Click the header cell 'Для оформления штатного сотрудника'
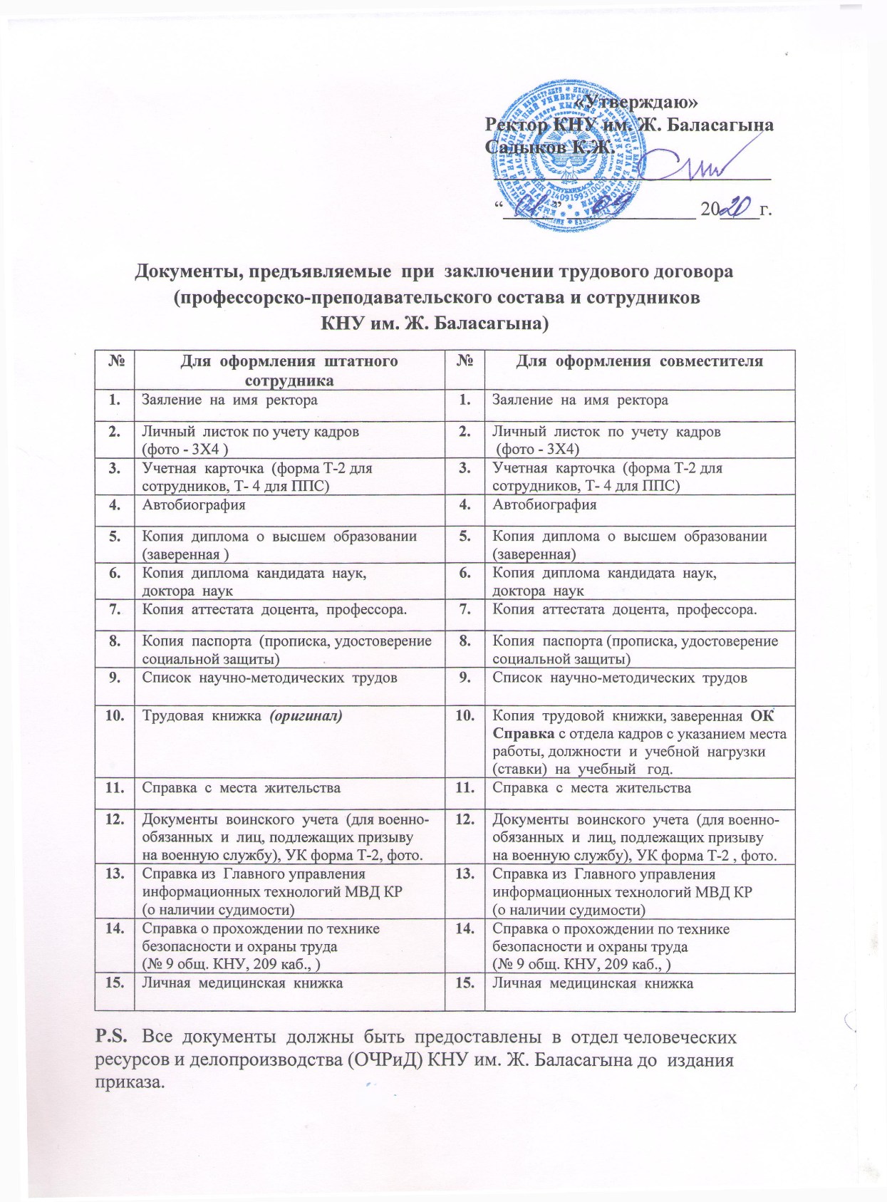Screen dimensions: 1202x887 (x=289, y=370)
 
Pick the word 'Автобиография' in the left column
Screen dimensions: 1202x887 (x=194, y=505)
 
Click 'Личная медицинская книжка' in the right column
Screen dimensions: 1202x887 (x=593, y=983)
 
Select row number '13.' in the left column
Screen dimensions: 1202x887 (x=114, y=874)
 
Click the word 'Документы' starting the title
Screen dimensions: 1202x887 (x=187, y=271)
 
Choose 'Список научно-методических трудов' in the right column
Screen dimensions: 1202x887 (x=620, y=678)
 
